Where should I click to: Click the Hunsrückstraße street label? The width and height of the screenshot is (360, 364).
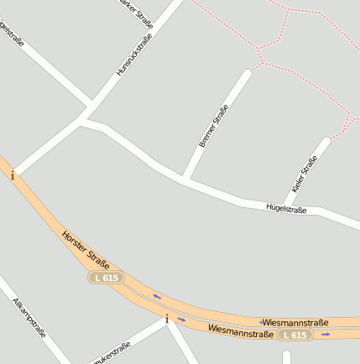tap(134, 56)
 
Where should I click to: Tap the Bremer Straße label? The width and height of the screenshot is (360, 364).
tap(214, 127)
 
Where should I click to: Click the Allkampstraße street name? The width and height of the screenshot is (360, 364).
tap(29, 316)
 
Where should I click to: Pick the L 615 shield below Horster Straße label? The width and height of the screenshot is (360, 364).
tap(107, 277)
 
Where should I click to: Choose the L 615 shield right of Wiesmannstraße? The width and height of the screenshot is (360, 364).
tap(295, 335)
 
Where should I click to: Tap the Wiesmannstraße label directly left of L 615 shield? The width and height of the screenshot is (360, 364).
tap(241, 332)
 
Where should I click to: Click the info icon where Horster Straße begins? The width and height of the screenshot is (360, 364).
tap(13, 175)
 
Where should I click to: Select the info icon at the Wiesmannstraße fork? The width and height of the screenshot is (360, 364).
tap(167, 319)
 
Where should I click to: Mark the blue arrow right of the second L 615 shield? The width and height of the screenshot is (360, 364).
tap(326, 335)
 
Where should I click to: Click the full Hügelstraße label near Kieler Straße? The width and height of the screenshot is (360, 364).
tap(286, 207)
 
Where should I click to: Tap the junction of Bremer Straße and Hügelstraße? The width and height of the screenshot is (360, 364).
tap(185, 180)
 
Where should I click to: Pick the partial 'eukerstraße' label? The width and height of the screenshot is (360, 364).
tap(112, 353)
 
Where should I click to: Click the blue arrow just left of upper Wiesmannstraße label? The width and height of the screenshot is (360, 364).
tap(262, 322)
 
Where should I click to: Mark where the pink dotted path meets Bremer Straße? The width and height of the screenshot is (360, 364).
tap(249, 70)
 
